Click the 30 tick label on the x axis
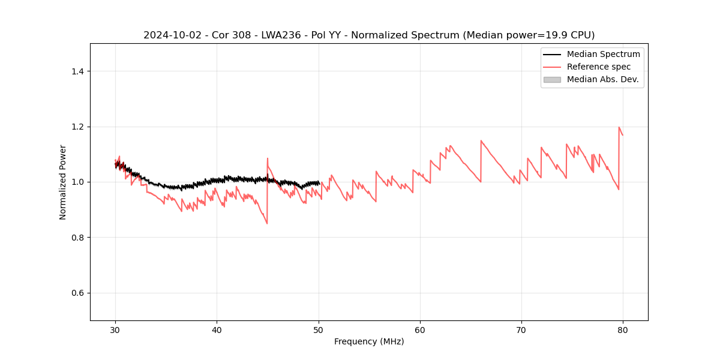point(115,330)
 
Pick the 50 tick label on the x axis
point(319,330)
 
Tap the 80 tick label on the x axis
point(623,330)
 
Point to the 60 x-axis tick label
point(420,330)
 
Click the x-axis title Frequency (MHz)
point(369,341)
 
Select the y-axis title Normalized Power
point(63,182)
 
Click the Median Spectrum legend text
point(603,54)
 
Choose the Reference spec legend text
point(599,67)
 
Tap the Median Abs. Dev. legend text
point(603,79)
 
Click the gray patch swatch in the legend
point(552,79)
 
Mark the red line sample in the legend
point(552,67)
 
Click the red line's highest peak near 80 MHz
point(619,127)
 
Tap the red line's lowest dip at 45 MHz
point(267,224)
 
